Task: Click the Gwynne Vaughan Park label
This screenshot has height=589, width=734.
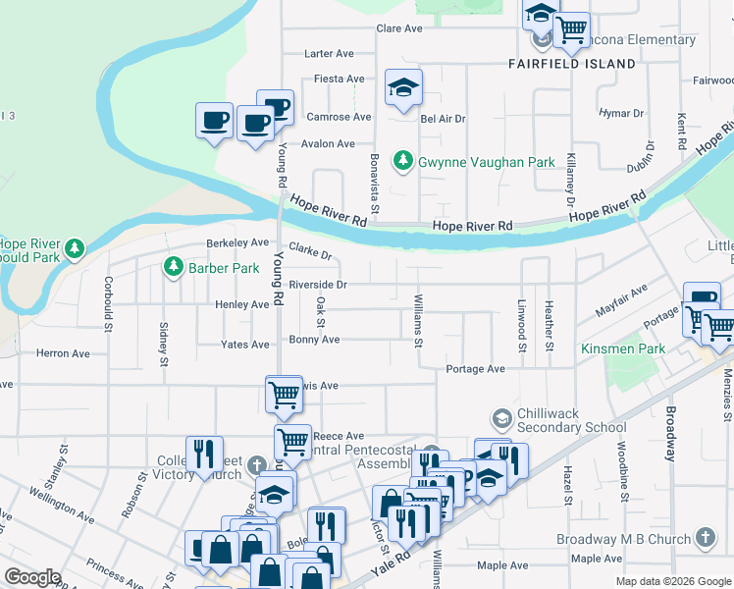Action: coord(487,161)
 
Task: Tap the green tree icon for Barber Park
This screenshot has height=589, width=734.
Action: coord(174,267)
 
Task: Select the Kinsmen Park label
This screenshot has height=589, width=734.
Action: coord(622,349)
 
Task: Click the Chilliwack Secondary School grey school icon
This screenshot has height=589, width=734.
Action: coord(502,419)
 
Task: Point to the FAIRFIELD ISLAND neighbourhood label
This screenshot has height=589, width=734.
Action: coord(572,63)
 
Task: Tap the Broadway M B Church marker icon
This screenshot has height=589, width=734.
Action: coord(706,538)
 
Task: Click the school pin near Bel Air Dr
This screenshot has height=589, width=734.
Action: coord(403,88)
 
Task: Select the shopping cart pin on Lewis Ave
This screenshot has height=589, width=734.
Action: coord(284,395)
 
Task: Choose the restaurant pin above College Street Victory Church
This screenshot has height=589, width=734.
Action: coord(204,454)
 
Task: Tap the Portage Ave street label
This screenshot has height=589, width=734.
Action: coord(475,369)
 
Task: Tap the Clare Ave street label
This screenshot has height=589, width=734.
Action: coord(399,28)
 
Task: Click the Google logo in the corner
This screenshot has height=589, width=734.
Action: coord(32,577)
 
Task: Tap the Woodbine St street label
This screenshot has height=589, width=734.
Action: coord(622,475)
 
